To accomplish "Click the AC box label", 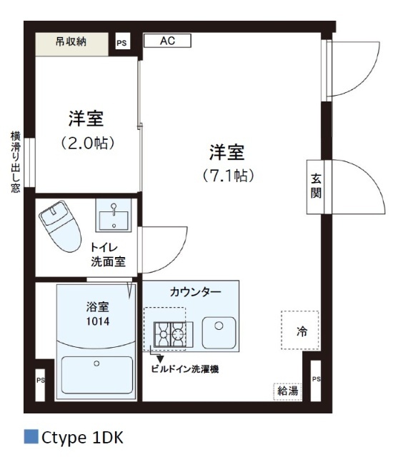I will coord(167,41).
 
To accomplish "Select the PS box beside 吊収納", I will coord(122,43).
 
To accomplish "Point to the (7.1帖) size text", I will coord(227,174).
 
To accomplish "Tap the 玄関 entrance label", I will coord(316,186).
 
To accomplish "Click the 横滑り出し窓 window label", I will coord(15,162).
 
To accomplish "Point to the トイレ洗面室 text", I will coord(108,255).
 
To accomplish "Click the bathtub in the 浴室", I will coord(96,373).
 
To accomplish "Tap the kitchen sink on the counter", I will coord(221,332).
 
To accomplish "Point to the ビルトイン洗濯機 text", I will coord(184,369).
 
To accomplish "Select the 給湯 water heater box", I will coord(287,391).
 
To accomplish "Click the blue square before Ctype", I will coord(31,436).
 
